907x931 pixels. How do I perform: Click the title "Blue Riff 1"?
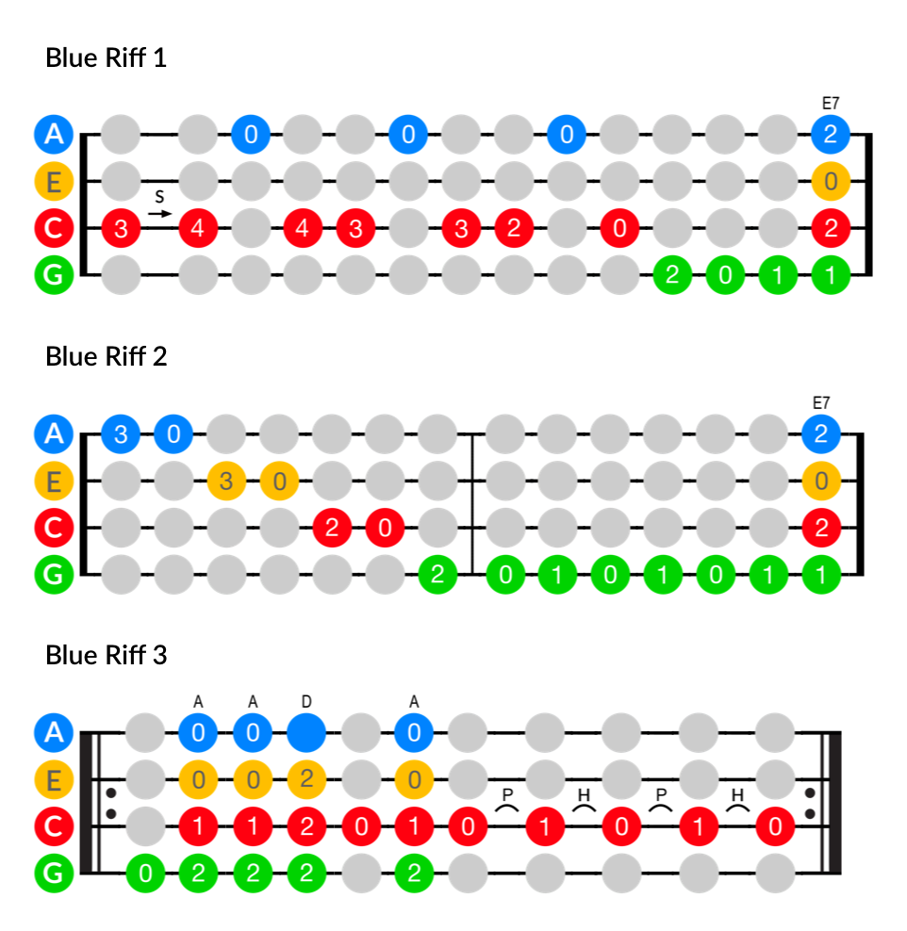pyautogui.click(x=106, y=58)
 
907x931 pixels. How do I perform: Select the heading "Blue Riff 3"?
pyautogui.click(x=106, y=655)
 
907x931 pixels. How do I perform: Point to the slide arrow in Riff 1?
pyautogui.click(x=160, y=214)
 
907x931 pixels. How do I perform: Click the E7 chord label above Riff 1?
pyautogui.click(x=830, y=102)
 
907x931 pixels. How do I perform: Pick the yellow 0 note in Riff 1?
pyautogui.click(x=830, y=181)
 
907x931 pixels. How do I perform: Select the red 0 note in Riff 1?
pyautogui.click(x=618, y=228)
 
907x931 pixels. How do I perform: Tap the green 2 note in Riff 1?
pyautogui.click(x=671, y=275)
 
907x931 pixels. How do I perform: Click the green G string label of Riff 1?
pyautogui.click(x=54, y=275)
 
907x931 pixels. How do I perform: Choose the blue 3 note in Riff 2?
pyautogui.click(x=120, y=434)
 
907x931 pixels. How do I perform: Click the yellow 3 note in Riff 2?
pyautogui.click(x=226, y=482)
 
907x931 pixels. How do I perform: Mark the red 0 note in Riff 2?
pyautogui.click(x=384, y=528)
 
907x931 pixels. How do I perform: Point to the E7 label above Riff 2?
pyautogui.click(x=821, y=402)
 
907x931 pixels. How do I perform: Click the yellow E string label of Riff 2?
pyautogui.click(x=54, y=482)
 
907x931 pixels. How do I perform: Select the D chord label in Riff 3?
pyautogui.click(x=305, y=701)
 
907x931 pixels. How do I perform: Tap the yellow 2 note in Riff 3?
pyautogui.click(x=305, y=779)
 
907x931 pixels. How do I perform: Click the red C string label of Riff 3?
pyautogui.click(x=54, y=826)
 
